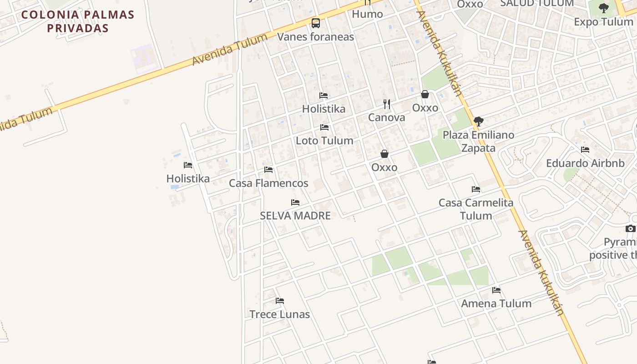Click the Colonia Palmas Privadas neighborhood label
[78, 21]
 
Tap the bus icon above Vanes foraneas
[315, 23]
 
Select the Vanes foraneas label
[315, 37]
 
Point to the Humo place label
[367, 14]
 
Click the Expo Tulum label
[603, 22]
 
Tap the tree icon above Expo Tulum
[604, 8]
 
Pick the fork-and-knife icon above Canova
[387, 104]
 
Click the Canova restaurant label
[386, 117]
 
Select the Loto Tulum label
[324, 141]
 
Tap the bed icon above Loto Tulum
[324, 127]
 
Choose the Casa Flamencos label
[268, 183]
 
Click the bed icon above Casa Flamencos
[268, 170]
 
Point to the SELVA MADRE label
[295, 216]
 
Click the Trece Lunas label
[279, 314]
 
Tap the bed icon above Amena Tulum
[496, 290]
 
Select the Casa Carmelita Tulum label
[476, 209]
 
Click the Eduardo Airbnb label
[585, 163]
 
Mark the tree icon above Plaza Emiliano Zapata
[478, 121]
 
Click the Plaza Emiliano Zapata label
[478, 142]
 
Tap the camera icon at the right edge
[630, 228]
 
